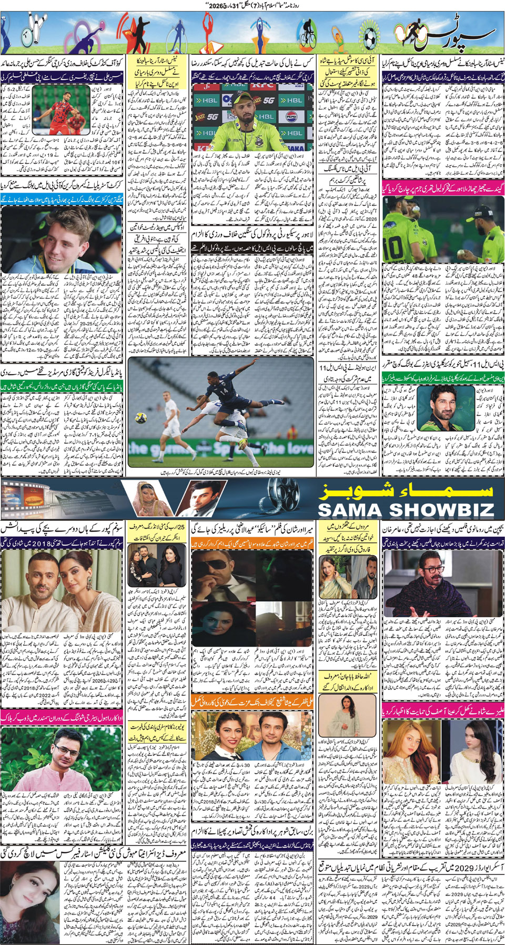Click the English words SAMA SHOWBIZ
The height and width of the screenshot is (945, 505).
(406, 509)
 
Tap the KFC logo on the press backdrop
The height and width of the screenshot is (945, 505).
(262, 84)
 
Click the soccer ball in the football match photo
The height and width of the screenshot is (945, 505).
(140, 417)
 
